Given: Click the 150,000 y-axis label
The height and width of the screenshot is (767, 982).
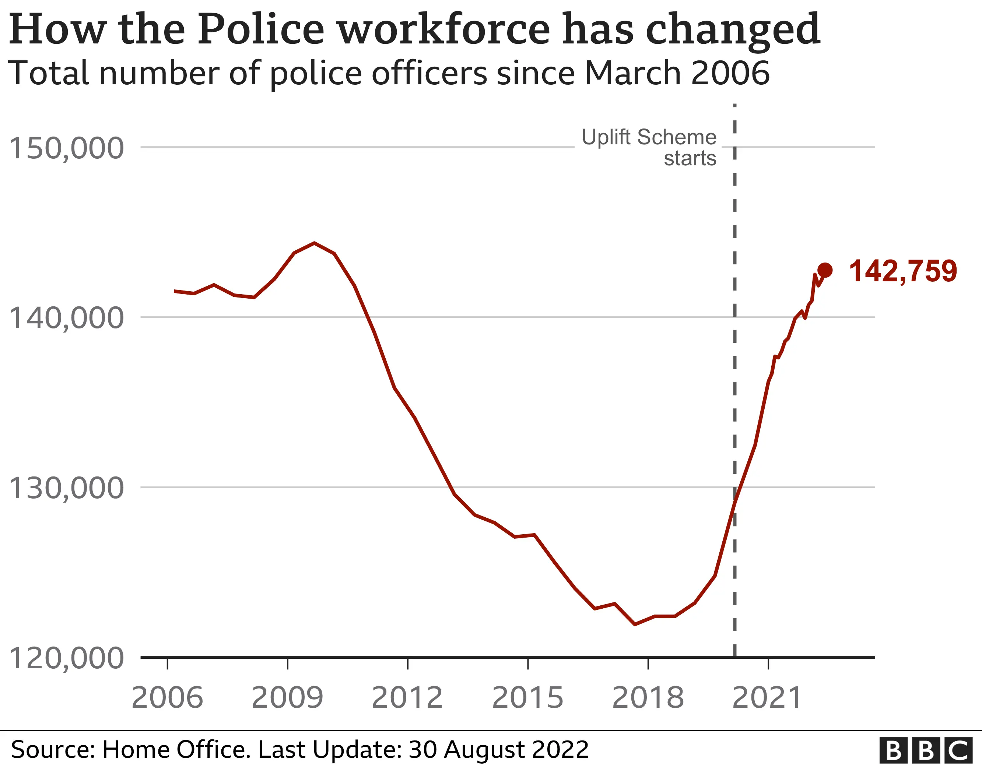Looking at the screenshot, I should (x=66, y=148).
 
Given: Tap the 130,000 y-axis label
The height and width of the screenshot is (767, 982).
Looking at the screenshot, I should (x=66, y=488).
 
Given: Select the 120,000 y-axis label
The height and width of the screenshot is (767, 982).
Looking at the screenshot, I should (x=66, y=658).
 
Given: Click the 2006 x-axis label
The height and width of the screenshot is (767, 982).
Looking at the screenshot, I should (x=167, y=697).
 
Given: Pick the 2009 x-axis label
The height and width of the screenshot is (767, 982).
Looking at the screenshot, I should (x=287, y=697).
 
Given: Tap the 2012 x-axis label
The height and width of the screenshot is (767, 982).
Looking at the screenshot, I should (x=407, y=697).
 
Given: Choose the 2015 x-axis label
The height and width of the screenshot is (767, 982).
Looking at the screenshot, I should (x=527, y=697).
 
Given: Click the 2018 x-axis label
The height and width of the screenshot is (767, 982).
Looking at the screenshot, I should (x=648, y=697).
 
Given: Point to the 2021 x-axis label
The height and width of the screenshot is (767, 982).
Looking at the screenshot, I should (x=767, y=697).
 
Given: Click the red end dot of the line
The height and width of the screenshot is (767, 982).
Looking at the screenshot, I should (x=825, y=270).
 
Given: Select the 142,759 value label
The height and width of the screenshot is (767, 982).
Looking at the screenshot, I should (x=903, y=271).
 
